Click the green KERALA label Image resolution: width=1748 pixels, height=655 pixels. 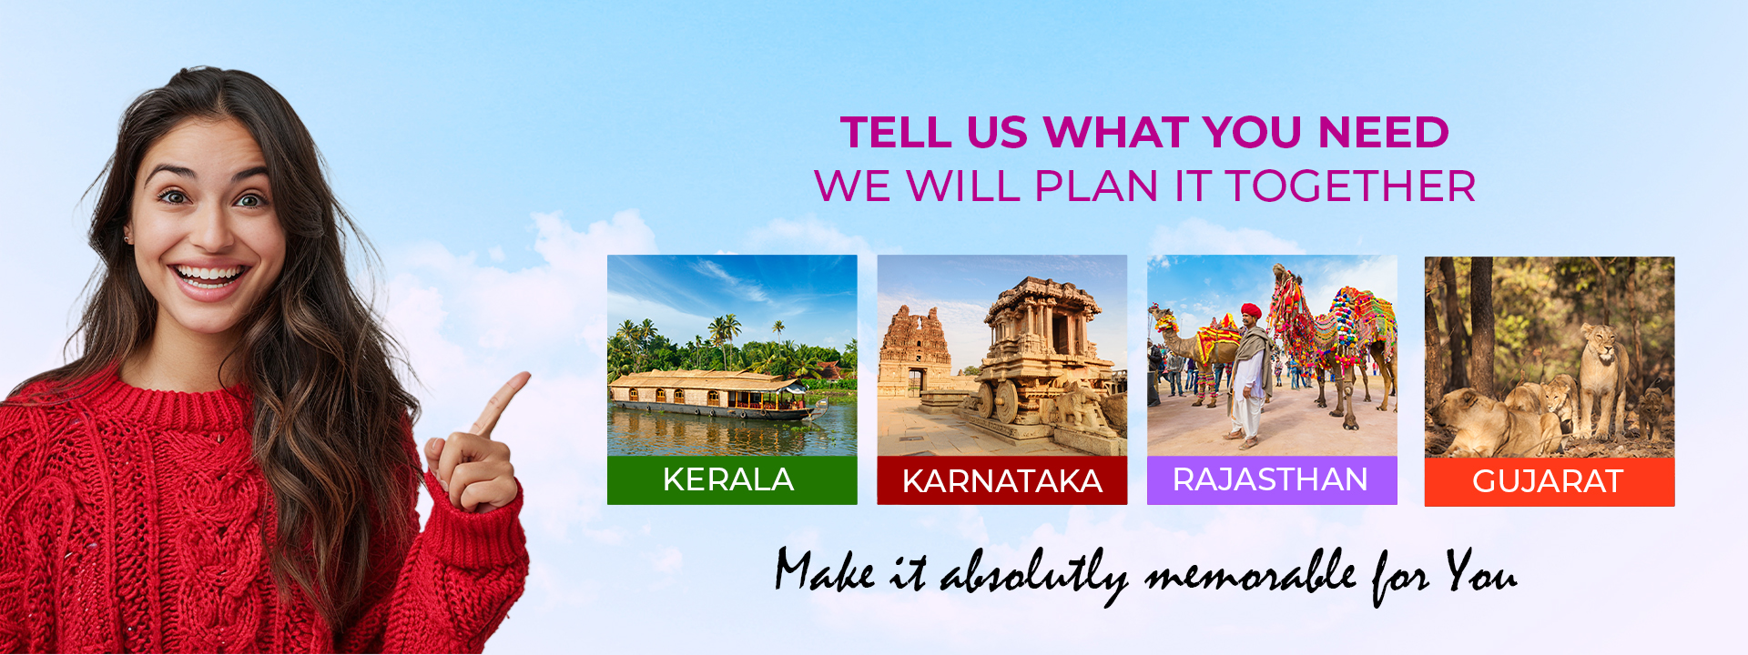(732, 479)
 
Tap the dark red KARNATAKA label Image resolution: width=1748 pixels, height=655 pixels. (1001, 480)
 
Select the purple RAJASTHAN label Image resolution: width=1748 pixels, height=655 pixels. (1272, 479)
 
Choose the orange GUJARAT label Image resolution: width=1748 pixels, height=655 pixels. (1550, 481)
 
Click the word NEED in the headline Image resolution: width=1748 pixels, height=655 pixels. (1384, 133)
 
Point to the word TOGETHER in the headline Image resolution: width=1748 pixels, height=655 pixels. (1350, 186)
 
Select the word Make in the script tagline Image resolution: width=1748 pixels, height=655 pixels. (826, 571)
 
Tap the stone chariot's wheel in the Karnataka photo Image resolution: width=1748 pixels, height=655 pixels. (1005, 401)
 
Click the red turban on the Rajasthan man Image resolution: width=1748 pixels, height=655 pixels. (1252, 311)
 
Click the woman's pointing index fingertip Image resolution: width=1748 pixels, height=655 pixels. (524, 377)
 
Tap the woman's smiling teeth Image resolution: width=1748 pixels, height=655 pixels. (209, 273)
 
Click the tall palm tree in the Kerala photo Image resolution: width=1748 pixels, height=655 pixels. (726, 340)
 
